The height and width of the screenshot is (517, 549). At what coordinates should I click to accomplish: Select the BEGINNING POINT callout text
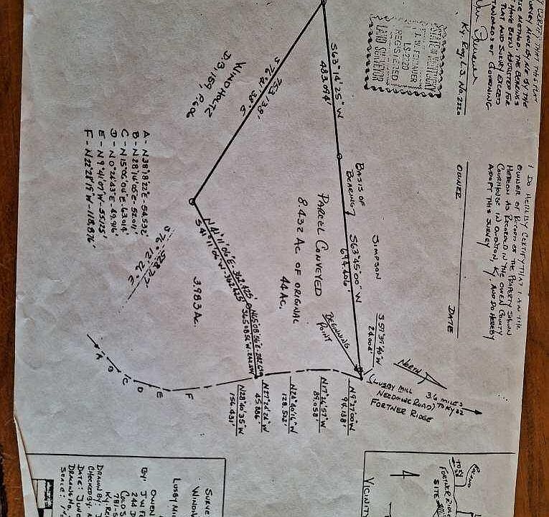[337, 337]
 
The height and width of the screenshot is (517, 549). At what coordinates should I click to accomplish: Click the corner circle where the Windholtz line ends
[193, 202]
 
